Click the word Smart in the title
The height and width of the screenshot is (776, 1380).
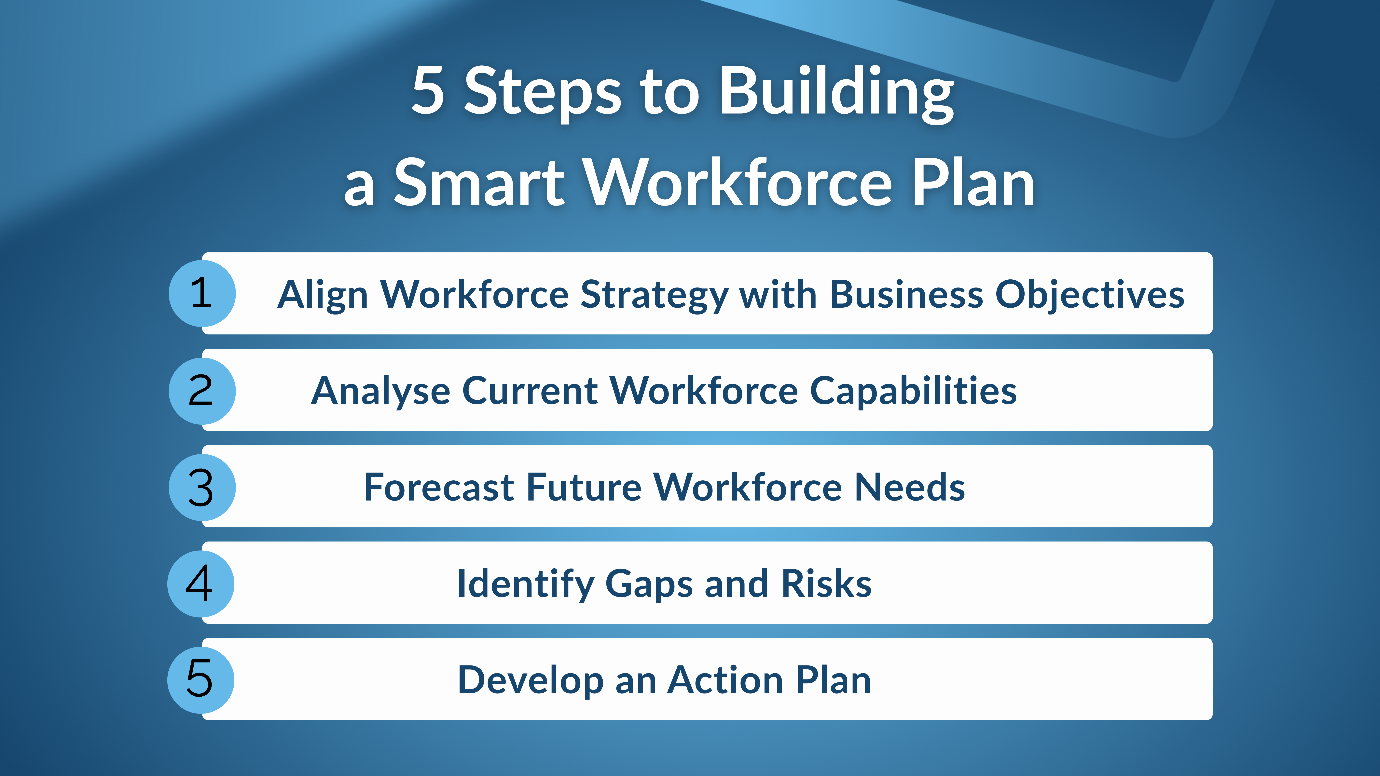coord(479,183)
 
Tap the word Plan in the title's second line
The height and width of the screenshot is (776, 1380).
coord(973,183)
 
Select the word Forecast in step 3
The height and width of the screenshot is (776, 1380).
coord(439,487)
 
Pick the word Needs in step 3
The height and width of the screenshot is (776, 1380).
coord(910,487)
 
